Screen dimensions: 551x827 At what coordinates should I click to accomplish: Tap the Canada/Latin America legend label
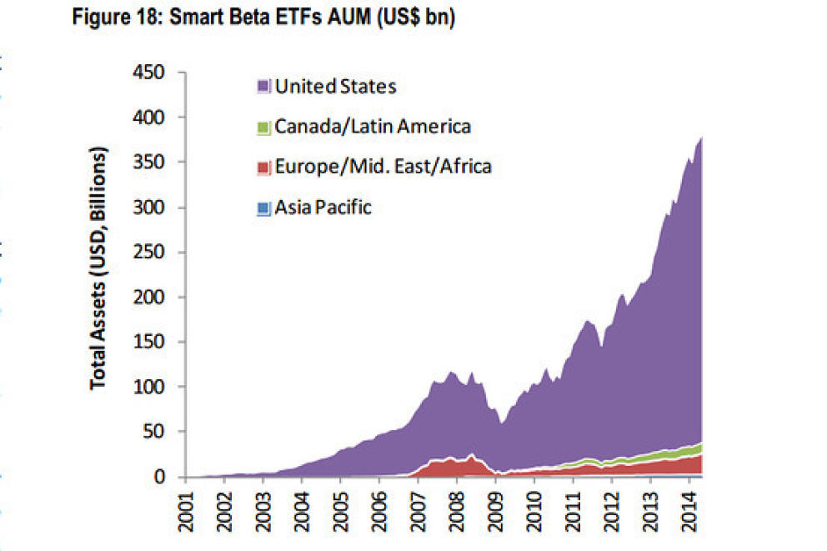coord(373,126)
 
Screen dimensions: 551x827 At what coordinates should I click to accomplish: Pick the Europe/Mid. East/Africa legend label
coord(383,167)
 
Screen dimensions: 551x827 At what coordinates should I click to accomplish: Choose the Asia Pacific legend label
coord(323,208)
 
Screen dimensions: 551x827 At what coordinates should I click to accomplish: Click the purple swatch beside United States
coord(264,87)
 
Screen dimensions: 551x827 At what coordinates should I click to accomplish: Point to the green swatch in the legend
coord(264,128)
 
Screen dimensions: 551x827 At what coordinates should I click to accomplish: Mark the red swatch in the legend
coord(264,168)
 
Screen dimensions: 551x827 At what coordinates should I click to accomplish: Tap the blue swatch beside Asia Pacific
coord(264,208)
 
